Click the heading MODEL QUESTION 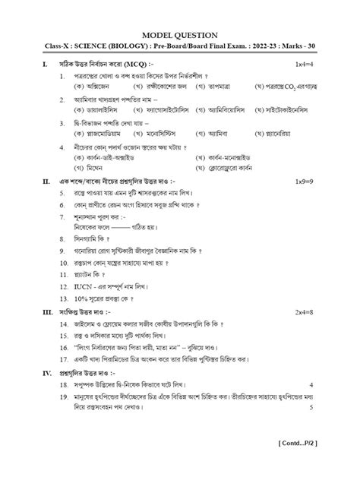point(180,35)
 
